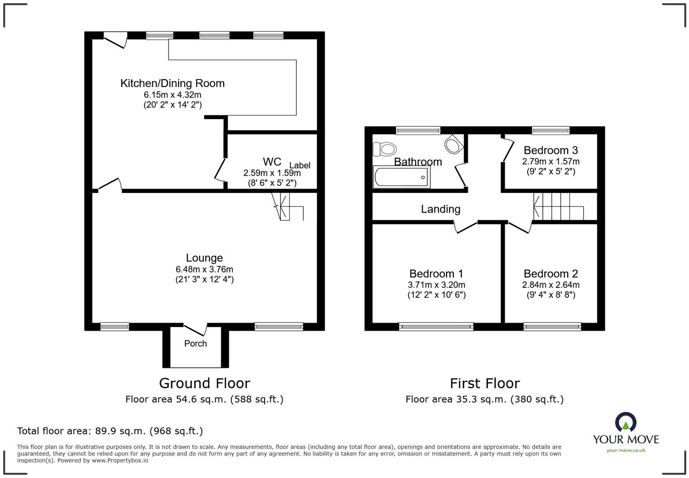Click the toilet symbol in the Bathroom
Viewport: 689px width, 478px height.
click(384, 149)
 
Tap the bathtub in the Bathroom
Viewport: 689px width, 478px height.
click(402, 177)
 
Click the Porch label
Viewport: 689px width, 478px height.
click(196, 344)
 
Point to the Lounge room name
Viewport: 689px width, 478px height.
click(204, 258)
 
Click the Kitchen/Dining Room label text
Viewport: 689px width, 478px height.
click(172, 83)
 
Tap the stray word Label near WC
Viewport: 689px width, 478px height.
click(300, 165)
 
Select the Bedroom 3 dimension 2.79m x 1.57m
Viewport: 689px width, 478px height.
click(551, 161)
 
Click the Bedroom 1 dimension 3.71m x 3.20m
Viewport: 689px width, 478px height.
click(436, 285)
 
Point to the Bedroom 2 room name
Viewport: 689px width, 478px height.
click(551, 274)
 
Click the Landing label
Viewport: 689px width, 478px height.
click(440, 209)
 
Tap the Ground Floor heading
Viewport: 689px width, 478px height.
click(204, 383)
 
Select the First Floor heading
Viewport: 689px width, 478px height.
click(485, 383)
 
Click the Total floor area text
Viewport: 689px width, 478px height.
click(110, 431)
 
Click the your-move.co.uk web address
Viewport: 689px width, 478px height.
click(626, 450)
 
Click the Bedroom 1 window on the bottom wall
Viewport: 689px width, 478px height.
click(436, 326)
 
